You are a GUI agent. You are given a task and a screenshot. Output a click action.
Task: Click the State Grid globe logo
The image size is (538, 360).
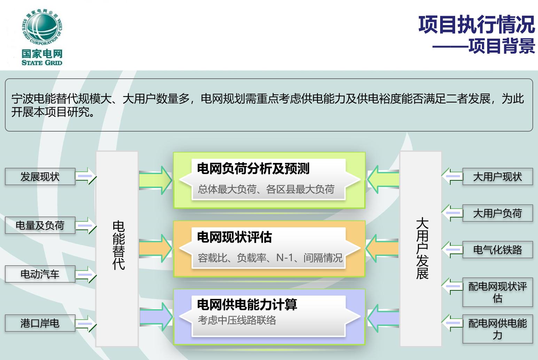point(42,27)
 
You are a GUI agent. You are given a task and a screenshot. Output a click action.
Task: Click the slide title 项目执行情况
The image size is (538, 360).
point(476,24)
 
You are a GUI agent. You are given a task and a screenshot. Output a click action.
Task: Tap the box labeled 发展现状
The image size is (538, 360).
point(40,177)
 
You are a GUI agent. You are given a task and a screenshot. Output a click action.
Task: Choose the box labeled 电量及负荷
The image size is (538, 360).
point(40,226)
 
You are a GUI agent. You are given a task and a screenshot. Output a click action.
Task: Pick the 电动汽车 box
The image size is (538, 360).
point(40,274)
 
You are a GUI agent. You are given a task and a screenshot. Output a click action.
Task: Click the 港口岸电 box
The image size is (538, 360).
point(40,323)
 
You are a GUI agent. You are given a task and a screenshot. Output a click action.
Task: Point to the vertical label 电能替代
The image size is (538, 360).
point(119,245)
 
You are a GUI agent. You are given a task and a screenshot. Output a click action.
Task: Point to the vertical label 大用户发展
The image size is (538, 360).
point(422,248)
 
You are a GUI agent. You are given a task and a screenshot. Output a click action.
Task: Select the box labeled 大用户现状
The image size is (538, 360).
point(498,177)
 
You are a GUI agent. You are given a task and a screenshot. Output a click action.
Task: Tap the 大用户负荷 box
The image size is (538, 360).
point(498,213)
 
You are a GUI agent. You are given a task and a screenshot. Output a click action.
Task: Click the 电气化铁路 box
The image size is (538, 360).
point(498,250)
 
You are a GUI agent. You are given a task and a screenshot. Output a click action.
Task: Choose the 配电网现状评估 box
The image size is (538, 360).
point(498,292)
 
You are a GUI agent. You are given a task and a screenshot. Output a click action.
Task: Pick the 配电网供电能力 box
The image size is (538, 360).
point(498,329)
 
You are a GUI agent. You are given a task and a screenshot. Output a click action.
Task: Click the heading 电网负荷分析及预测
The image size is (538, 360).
point(253,169)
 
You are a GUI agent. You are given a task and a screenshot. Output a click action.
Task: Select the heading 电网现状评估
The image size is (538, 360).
point(234,237)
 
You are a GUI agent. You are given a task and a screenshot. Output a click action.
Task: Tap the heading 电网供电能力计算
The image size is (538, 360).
point(247,305)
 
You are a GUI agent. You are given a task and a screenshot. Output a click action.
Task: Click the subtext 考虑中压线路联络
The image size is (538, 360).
point(237,320)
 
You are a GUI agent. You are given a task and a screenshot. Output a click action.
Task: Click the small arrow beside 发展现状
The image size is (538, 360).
point(86,176)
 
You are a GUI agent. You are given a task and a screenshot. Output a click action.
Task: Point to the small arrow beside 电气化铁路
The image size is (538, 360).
point(452,250)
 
